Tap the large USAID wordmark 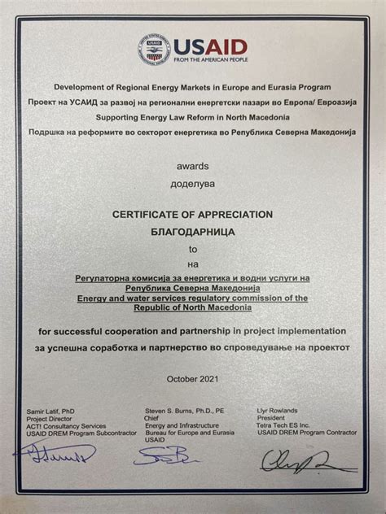tap(209, 45)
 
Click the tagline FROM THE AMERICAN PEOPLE tap(209, 60)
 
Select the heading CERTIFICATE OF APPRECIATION tap(192, 214)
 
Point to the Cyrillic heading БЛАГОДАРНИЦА tap(192, 232)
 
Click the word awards tap(192, 166)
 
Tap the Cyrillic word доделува tap(192, 185)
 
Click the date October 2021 tap(192, 379)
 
